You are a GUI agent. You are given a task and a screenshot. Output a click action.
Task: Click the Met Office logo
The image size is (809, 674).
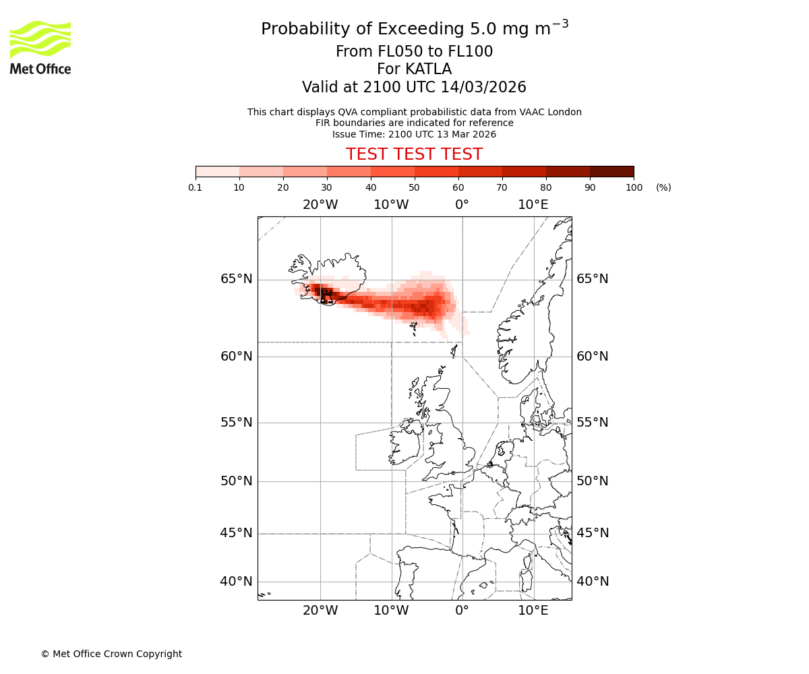(40, 47)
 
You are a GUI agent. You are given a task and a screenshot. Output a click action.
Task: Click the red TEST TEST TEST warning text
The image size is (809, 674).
(414, 154)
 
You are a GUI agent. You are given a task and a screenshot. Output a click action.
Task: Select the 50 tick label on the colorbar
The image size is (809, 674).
(414, 187)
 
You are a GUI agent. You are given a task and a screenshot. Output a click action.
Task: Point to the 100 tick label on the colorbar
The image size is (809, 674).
(634, 187)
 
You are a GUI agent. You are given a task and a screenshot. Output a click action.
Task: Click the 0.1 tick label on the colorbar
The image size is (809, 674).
(196, 187)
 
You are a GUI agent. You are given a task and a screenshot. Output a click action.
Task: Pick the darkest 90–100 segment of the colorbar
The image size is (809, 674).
(611, 171)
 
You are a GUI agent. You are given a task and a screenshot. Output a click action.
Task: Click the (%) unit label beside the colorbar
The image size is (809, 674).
(663, 187)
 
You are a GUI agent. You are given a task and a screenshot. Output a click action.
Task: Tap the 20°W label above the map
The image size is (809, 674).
(320, 205)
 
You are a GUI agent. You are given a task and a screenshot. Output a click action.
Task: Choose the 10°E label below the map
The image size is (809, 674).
(533, 611)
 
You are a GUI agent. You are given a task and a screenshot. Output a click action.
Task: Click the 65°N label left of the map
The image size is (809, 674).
(237, 279)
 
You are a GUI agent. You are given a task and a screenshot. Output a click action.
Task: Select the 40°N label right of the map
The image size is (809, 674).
(593, 582)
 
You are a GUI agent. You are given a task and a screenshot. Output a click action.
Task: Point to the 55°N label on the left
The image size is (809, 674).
(237, 423)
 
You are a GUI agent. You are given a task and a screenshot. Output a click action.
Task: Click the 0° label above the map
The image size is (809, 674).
(462, 205)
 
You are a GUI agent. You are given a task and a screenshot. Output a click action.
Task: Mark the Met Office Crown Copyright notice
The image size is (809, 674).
(111, 654)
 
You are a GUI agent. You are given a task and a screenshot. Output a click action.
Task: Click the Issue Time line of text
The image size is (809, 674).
(414, 134)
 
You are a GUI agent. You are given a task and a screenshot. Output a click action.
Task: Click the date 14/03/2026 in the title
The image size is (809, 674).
(483, 88)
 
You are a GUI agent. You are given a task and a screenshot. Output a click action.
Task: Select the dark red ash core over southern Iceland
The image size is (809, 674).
(326, 294)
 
